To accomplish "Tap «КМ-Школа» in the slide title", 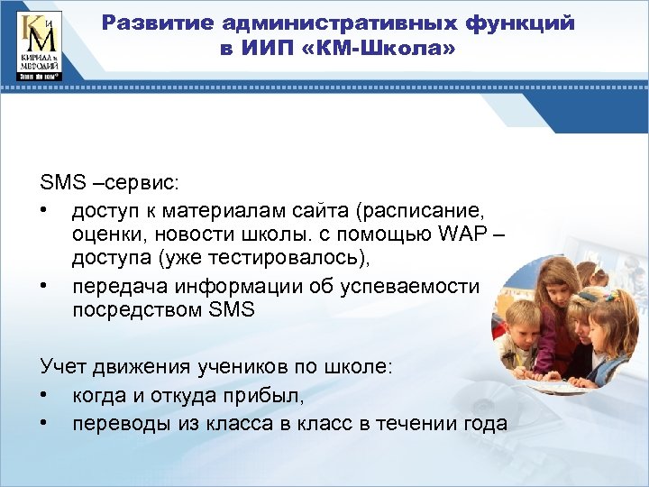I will click(x=396, y=48).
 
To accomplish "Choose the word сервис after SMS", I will click(x=145, y=183).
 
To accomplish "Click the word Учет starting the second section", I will click(x=62, y=366).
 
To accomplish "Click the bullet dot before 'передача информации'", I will click(x=45, y=287).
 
